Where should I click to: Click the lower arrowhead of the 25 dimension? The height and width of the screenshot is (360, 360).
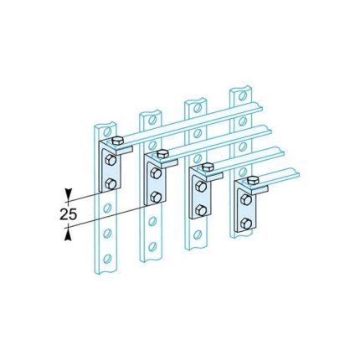67,234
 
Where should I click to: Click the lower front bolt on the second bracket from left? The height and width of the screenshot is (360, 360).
155,197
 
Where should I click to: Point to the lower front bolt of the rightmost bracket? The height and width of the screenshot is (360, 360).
244,222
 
